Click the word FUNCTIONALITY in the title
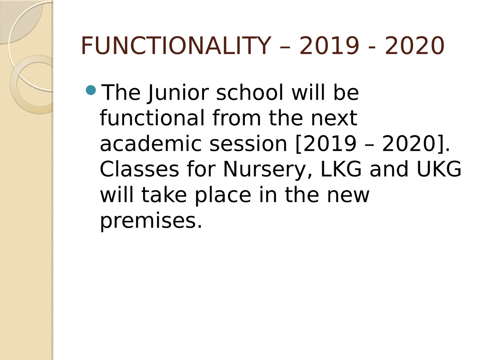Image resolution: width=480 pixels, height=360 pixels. pos(176,45)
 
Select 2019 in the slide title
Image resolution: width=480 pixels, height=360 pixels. pos(329,45)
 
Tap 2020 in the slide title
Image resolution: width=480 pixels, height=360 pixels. pos(415,45)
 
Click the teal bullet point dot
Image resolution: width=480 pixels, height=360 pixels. pos(91,90)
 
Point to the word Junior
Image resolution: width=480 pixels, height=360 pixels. pos(178,93)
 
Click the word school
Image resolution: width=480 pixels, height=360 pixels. pos(250,92)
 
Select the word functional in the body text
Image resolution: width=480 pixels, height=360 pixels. pos(152,118)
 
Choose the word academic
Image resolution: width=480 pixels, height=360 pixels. pos(151,144)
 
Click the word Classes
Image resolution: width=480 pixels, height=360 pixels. pos(140,169)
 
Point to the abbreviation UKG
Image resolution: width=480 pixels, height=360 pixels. pos(439,169)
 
